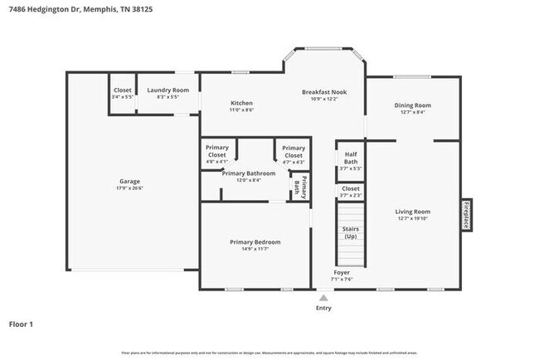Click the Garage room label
[129, 181]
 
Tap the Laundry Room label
[168, 90]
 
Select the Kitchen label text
[241, 103]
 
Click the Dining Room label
[412, 105]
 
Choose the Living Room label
[412, 212]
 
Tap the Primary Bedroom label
[255, 241]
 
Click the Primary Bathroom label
[248, 173]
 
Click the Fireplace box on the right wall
[467, 215]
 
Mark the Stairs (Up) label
[350, 232]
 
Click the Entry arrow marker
[323, 296]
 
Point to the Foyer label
[342, 272]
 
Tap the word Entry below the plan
[323, 308]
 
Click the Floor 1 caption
[21, 324]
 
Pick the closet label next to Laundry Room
[123, 90]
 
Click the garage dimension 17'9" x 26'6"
[129, 188]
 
